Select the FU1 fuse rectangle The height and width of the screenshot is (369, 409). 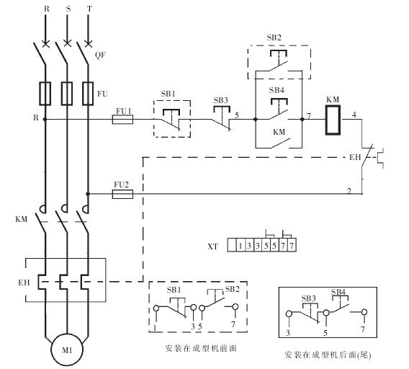point(122,120)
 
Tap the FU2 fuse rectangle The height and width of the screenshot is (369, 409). point(122,194)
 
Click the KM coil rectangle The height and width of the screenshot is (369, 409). point(333,120)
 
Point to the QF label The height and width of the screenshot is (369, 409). point(100,55)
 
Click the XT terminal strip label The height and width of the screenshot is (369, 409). point(212,246)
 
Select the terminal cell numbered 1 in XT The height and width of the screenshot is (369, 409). point(241,245)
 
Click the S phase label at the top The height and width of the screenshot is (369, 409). point(68,9)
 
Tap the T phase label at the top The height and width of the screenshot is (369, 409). point(89,9)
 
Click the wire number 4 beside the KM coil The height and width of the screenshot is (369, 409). point(354,115)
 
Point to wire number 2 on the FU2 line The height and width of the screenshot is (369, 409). point(349,191)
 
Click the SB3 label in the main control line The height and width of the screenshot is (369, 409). point(220,100)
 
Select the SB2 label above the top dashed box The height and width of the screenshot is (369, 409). point(274,37)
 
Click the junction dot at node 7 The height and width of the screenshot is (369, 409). point(302,120)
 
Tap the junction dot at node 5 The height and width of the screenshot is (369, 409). point(256,120)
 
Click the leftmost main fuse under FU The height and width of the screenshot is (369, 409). point(45,94)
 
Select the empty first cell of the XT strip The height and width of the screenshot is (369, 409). point(232,245)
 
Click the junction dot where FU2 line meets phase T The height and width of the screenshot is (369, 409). point(88,194)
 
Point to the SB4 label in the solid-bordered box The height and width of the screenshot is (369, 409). point(338,292)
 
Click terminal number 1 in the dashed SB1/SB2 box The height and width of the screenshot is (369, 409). point(155,328)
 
